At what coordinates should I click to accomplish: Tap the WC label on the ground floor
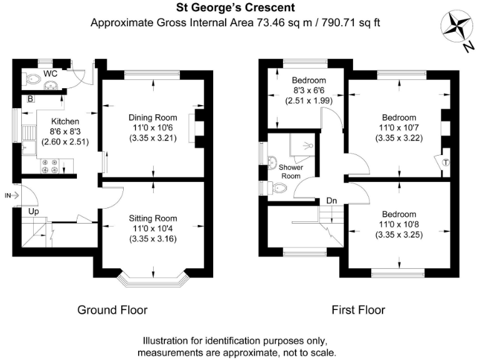point(51,74)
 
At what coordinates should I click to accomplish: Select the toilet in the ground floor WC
point(31,79)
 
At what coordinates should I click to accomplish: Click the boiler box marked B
point(30,99)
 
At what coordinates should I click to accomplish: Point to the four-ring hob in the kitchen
point(49,166)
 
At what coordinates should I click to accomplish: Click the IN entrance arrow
point(12,195)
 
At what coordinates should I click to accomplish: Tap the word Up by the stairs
point(34,211)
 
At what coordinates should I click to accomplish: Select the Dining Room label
point(152,117)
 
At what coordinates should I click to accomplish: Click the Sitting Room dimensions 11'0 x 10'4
point(152,228)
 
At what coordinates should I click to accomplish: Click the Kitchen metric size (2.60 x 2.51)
point(65,142)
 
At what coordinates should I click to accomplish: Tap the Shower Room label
point(291,172)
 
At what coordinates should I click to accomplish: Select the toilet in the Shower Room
point(277,187)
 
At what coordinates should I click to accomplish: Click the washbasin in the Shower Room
point(272,162)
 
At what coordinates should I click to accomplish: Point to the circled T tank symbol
point(446,162)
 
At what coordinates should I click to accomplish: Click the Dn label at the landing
point(331,201)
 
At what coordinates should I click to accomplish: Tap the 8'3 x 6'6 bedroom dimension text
point(309,90)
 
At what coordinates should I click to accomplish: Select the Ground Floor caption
point(112,310)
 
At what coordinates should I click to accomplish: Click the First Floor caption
point(358,310)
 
